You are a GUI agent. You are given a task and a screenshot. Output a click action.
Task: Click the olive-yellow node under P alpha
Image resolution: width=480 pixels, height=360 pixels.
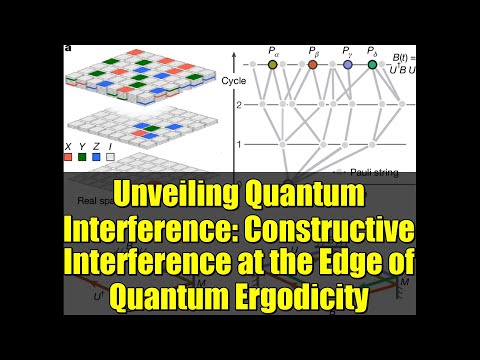tap(273, 65)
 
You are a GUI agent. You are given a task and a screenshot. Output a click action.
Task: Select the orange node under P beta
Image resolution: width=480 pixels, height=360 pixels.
tap(313, 65)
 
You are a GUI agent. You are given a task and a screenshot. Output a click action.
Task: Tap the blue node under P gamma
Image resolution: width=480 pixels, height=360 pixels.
tap(348, 65)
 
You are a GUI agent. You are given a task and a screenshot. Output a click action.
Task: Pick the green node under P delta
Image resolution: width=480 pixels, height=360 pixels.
tap(372, 65)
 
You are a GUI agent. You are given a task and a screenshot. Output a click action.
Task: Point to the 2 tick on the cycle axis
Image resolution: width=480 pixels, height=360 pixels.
tap(239, 104)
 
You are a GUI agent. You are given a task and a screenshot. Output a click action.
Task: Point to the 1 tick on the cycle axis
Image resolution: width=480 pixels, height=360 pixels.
tap(239, 145)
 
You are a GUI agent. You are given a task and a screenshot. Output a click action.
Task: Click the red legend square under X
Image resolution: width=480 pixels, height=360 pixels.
tap(68, 156)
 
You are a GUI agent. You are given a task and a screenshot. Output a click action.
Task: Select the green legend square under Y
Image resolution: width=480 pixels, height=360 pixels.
tap(82, 156)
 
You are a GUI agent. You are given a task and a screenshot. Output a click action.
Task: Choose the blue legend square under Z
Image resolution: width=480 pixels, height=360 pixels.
tap(96, 156)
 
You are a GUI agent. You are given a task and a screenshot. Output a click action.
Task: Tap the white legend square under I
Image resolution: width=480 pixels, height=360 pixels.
tap(111, 156)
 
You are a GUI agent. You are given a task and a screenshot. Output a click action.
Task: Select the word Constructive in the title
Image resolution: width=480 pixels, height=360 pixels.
tap(331, 229)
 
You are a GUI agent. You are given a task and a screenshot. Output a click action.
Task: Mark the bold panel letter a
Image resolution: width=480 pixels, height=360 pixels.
tap(65, 47)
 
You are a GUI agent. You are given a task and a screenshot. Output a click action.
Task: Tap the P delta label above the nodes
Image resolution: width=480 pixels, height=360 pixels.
tap(372, 50)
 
